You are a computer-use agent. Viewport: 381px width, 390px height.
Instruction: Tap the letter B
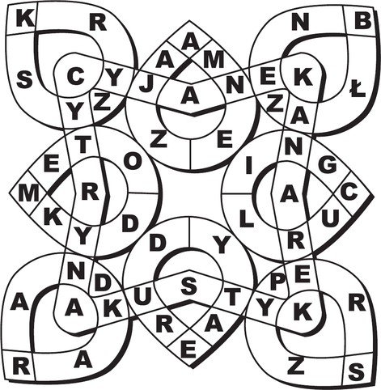(x=363, y=21)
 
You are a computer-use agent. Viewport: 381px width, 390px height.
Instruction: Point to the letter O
(x=133, y=162)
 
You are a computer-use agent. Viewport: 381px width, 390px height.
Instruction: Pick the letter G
(x=328, y=165)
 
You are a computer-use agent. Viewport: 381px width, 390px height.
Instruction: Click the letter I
(x=248, y=166)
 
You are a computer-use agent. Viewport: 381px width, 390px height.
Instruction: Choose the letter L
(x=247, y=219)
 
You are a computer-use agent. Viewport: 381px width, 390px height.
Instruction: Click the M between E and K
(x=28, y=194)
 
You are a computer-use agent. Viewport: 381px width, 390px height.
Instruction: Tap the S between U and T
(x=189, y=286)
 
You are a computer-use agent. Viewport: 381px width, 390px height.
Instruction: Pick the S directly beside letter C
(x=24, y=80)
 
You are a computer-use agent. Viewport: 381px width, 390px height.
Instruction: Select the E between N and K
(x=267, y=77)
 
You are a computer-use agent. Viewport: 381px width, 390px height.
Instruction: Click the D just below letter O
(x=130, y=223)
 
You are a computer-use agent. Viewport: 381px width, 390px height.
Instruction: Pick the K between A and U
(x=113, y=309)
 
